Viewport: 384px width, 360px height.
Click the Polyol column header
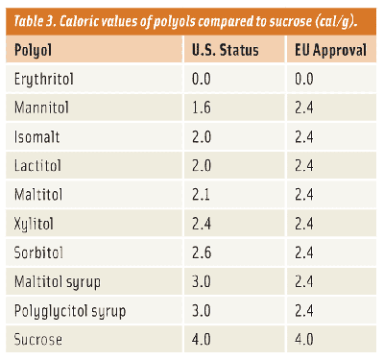[34, 50]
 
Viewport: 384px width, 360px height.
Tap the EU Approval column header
[331, 50]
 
